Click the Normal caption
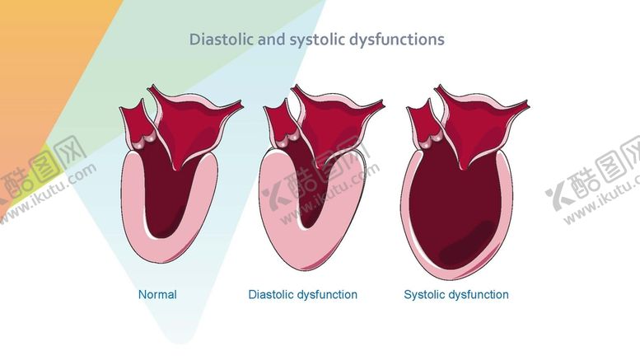[x=157, y=294]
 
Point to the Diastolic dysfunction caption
[x=302, y=294]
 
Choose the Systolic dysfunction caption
[x=455, y=294]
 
